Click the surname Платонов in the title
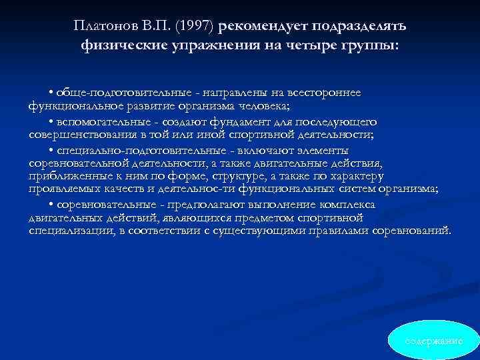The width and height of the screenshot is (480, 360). tap(102, 26)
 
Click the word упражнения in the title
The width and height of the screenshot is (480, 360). tap(213, 46)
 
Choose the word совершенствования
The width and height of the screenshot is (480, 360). tap(82, 134)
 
